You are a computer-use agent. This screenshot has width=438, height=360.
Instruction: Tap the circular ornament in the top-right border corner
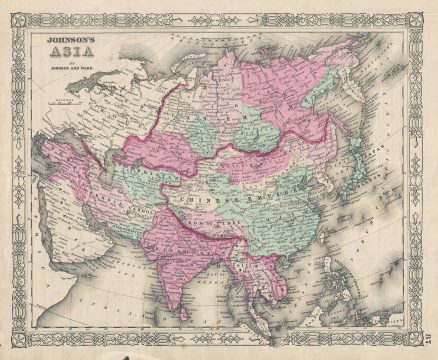click(419, 16)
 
